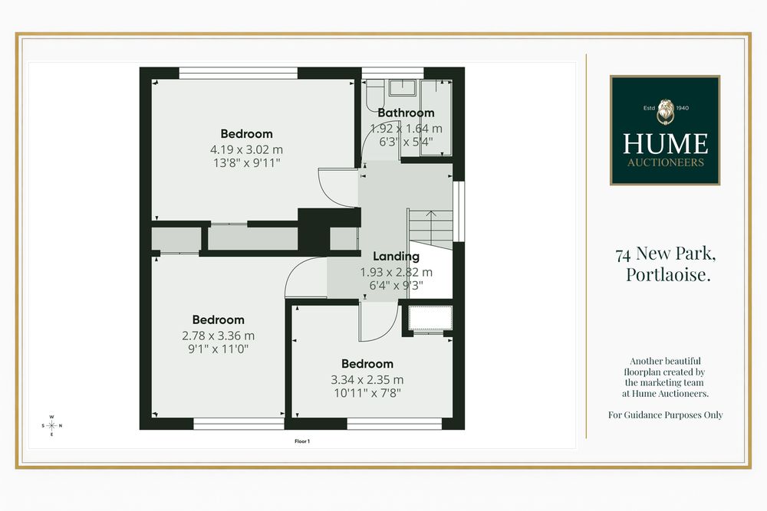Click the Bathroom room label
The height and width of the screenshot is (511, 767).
406,113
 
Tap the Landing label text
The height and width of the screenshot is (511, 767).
396,257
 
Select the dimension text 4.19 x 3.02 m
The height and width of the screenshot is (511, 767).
246,149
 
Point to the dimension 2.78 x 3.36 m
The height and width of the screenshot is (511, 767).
218,336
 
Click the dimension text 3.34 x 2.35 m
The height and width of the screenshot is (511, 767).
367,379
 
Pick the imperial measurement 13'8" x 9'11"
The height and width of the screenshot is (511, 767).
246,162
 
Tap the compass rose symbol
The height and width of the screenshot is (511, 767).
52,425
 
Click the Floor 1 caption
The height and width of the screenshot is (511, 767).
302,441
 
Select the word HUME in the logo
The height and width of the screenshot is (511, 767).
665,143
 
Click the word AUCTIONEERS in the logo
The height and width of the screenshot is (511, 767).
665,162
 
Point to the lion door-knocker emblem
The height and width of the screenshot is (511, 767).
665,112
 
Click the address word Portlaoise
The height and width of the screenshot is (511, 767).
668,274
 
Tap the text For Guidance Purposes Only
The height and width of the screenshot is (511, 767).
665,415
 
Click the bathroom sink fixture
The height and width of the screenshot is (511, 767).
402,88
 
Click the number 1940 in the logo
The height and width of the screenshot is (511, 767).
682,108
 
